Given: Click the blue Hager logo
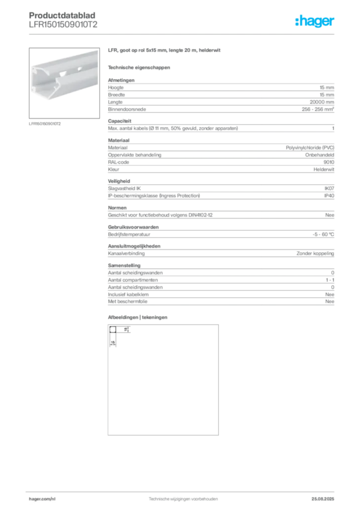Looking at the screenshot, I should coord(315,21).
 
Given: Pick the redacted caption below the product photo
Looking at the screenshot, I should coord(45,123).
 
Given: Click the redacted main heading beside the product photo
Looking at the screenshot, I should coord(165,51).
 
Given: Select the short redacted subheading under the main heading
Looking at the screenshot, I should coord(139,67).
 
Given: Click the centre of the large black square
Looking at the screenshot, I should coord(163,379).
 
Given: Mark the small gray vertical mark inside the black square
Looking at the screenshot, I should coord(110,340).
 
